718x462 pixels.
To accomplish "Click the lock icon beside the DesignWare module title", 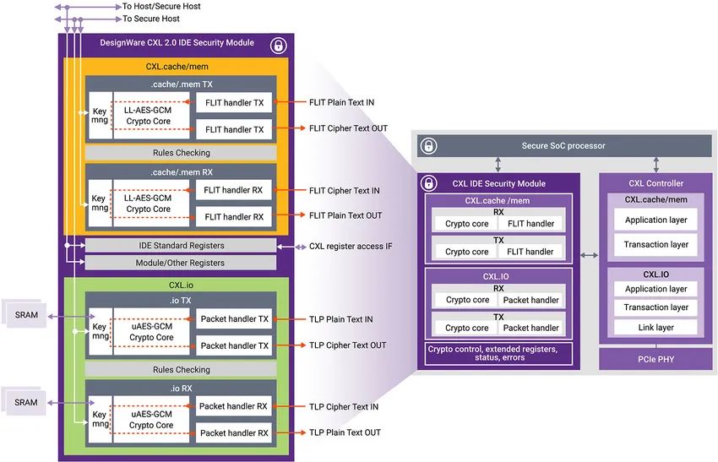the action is (x=278, y=46).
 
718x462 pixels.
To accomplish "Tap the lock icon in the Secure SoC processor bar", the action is (x=428, y=145).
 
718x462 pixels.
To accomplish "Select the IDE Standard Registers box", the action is (x=181, y=246).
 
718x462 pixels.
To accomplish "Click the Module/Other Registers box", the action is (x=181, y=263).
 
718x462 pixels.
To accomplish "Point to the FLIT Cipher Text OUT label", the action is (x=349, y=128).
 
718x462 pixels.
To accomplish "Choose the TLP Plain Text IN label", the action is (x=341, y=319).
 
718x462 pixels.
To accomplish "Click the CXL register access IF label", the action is (x=351, y=246).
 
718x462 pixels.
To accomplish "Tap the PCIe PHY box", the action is (x=655, y=360).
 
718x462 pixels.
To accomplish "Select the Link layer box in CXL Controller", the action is (x=655, y=328).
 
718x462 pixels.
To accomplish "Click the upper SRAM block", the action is (x=26, y=314).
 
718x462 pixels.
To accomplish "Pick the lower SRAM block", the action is (x=25, y=403).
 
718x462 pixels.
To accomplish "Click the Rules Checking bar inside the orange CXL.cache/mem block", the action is (x=181, y=153).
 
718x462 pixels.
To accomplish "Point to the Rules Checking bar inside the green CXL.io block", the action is (x=181, y=369).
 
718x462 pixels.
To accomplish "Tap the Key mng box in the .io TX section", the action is (x=100, y=331).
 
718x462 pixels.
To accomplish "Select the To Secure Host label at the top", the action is (x=151, y=19).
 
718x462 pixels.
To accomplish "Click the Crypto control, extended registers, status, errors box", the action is (x=498, y=354).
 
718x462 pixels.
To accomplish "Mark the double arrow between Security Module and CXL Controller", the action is (x=590, y=255).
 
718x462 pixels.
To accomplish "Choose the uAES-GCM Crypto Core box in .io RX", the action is (x=151, y=420).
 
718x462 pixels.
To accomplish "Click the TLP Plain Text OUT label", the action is (x=345, y=432).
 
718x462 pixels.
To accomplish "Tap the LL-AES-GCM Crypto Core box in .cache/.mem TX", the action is (x=151, y=116).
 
